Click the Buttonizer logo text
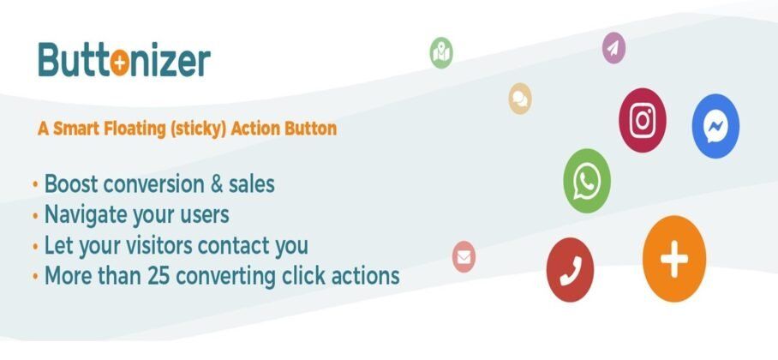click(x=124, y=60)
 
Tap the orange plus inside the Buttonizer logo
click(x=120, y=64)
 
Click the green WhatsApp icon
click(x=587, y=181)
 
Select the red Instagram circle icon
click(x=643, y=120)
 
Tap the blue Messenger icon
click(x=715, y=126)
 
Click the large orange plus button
click(x=673, y=258)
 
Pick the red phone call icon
click(x=570, y=270)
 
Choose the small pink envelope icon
click(x=464, y=257)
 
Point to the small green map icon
click(x=441, y=52)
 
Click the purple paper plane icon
click(x=613, y=48)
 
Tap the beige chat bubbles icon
click(x=520, y=99)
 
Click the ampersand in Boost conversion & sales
click(x=217, y=184)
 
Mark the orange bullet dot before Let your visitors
click(x=35, y=246)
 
